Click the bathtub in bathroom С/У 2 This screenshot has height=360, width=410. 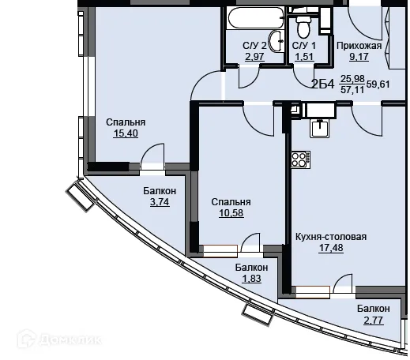click(x=256, y=17)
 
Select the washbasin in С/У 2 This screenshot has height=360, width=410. click(x=277, y=41)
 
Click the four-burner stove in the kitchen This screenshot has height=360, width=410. click(x=300, y=159)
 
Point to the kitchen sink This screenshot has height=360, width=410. click(x=320, y=128)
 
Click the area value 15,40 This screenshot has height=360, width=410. click(x=126, y=133)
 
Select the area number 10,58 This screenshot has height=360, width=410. click(x=231, y=213)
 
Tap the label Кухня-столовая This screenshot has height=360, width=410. click(x=331, y=237)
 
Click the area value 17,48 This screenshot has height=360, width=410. click(x=331, y=248)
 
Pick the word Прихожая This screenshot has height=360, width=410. click(x=359, y=46)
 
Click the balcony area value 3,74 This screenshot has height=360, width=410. click(x=160, y=202)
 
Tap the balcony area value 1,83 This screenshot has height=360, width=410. click(x=251, y=279)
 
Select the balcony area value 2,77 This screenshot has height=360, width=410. click(x=374, y=321)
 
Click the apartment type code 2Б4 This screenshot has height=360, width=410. click(x=323, y=84)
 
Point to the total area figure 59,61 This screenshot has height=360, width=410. click(x=378, y=84)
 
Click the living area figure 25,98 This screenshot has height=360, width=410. click(x=352, y=78)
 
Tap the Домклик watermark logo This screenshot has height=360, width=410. click(x=59, y=339)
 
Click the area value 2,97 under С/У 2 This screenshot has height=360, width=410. click(x=254, y=57)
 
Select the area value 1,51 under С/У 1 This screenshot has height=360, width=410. click(x=304, y=57)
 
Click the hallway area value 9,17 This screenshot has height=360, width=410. click(x=359, y=57)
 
